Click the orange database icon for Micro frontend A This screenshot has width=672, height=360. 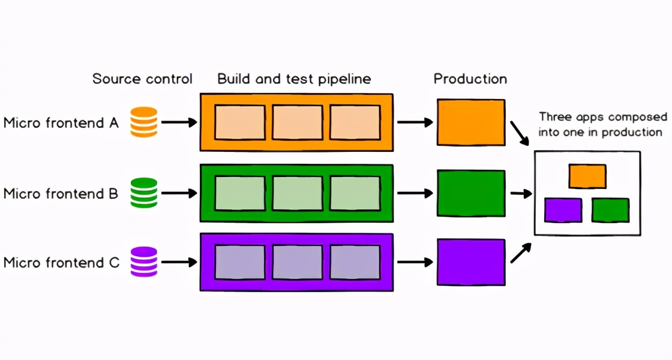pos(144,122)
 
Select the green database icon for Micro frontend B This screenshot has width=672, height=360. pos(144,193)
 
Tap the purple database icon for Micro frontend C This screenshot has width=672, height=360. pos(144,262)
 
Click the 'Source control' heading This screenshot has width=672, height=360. pos(142,79)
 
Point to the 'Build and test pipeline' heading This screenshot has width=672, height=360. pos(294,79)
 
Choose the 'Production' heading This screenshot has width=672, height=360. pos(470,79)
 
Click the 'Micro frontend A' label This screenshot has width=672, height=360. pos(61,123)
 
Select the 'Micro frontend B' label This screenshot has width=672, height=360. pos(61,194)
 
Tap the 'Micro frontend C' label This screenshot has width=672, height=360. pos(61,263)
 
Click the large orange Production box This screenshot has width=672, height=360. pos(471,122)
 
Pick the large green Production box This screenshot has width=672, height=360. pos(471,193)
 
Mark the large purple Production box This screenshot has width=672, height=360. pos(471,262)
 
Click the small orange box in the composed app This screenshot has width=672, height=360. pos(587,176)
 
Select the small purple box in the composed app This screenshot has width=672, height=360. pos(563,210)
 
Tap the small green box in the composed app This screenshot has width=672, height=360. pos(610,210)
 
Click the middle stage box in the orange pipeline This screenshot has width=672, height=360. pos(298,122)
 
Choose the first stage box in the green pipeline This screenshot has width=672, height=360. pos(240,193)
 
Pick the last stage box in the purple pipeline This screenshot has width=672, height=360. pos(355,262)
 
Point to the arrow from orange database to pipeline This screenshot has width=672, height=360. pos(179,122)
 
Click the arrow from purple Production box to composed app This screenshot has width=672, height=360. pos(520,253)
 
